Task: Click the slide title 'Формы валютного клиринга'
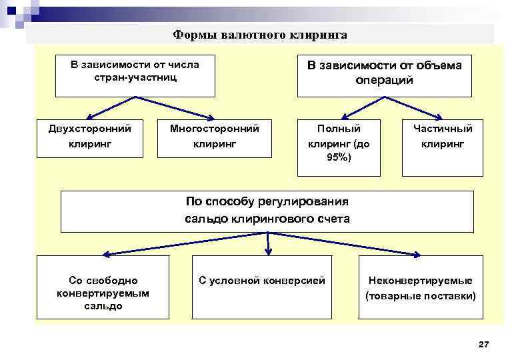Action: click(x=260, y=34)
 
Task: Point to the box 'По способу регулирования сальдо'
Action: click(x=267, y=210)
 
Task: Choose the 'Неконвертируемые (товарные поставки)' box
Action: click(x=420, y=287)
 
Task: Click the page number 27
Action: click(x=484, y=345)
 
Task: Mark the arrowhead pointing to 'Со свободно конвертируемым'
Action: click(x=105, y=253)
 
